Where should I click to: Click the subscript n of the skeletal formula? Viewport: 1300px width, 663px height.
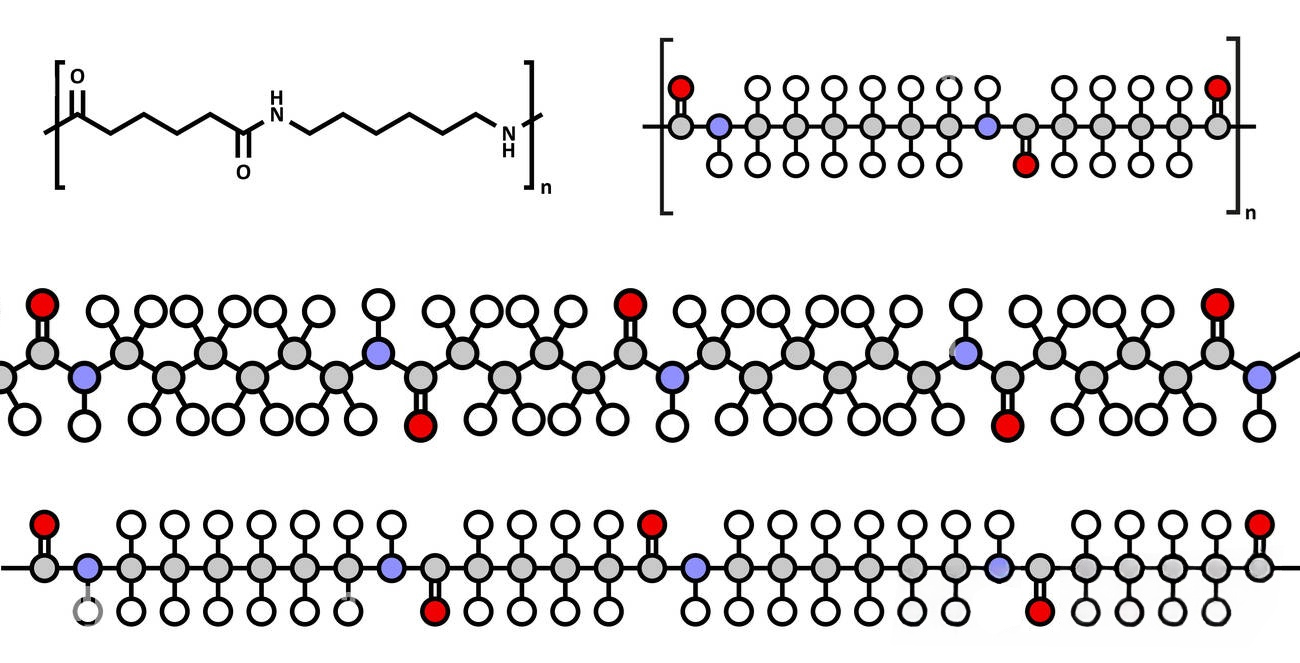tap(545, 187)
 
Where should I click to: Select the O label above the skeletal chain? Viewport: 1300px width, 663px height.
tap(78, 77)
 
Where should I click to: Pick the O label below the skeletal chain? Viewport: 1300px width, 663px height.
tap(242, 172)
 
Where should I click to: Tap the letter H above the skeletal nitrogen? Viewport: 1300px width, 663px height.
tap(277, 98)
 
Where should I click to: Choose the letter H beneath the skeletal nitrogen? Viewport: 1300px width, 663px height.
tap(508, 151)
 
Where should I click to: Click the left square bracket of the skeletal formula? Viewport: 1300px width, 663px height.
tap(59, 125)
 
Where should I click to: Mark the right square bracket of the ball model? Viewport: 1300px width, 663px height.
tap(1235, 125)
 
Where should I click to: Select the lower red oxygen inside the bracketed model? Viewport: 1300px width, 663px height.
tap(1025, 165)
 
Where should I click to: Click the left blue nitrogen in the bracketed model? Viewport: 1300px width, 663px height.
tap(718, 127)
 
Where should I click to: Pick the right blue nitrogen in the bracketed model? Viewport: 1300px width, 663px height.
tap(987, 127)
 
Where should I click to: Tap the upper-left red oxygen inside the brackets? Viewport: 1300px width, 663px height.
tap(680, 87)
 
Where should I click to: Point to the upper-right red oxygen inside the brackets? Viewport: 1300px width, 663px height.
tap(1217, 87)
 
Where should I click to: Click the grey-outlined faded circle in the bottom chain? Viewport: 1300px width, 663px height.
tap(88, 611)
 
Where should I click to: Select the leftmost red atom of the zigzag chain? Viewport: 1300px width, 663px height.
tap(42, 303)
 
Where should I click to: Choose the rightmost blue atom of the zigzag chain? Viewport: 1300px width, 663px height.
tap(1258, 377)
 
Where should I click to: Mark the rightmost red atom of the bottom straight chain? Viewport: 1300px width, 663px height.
tap(1259, 523)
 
